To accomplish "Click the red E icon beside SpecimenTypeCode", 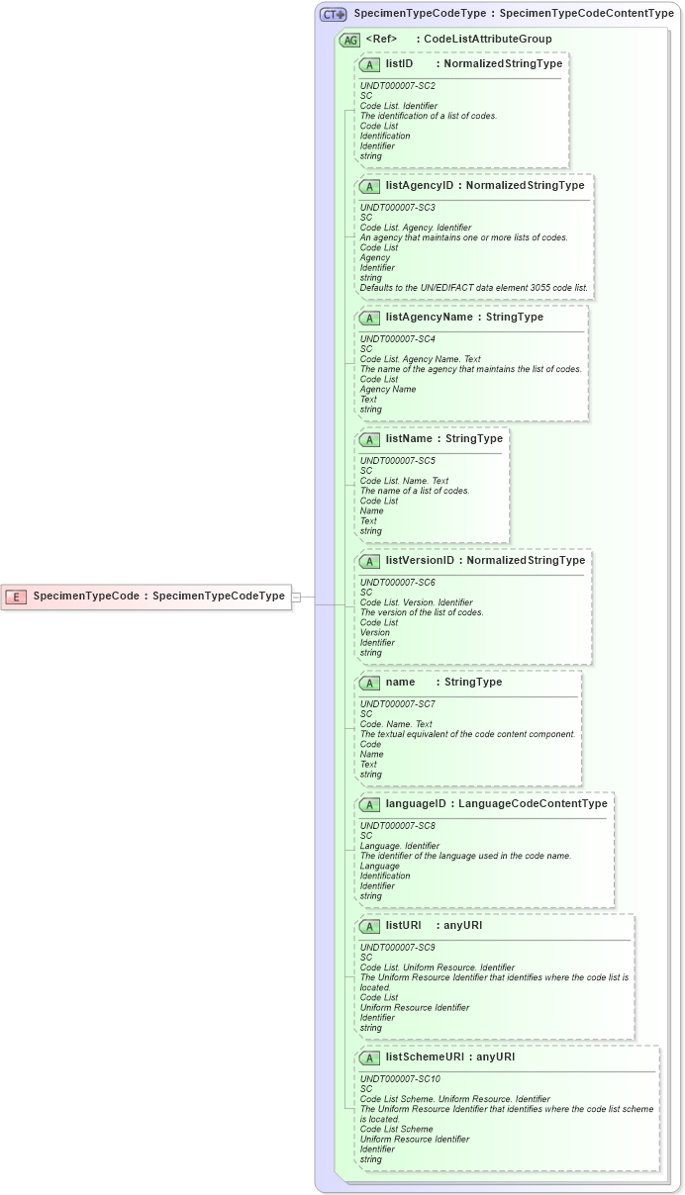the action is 16,597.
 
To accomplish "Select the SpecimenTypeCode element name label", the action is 85,597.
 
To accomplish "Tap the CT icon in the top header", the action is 333,15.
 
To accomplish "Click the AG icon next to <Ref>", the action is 349,41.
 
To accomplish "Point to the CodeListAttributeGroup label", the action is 488,40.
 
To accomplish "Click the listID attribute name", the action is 406,64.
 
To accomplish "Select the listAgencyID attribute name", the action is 420,186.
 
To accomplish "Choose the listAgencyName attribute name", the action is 429,318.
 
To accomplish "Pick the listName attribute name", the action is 409,439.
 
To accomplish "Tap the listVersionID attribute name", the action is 420,561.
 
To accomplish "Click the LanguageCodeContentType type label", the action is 533,804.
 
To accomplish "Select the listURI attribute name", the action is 403,926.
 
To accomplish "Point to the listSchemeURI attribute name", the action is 425,1057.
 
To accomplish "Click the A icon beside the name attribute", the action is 369,683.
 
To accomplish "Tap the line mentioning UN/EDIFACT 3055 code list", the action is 473,288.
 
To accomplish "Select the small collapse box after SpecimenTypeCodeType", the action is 296,597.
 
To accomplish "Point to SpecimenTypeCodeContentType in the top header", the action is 586,15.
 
